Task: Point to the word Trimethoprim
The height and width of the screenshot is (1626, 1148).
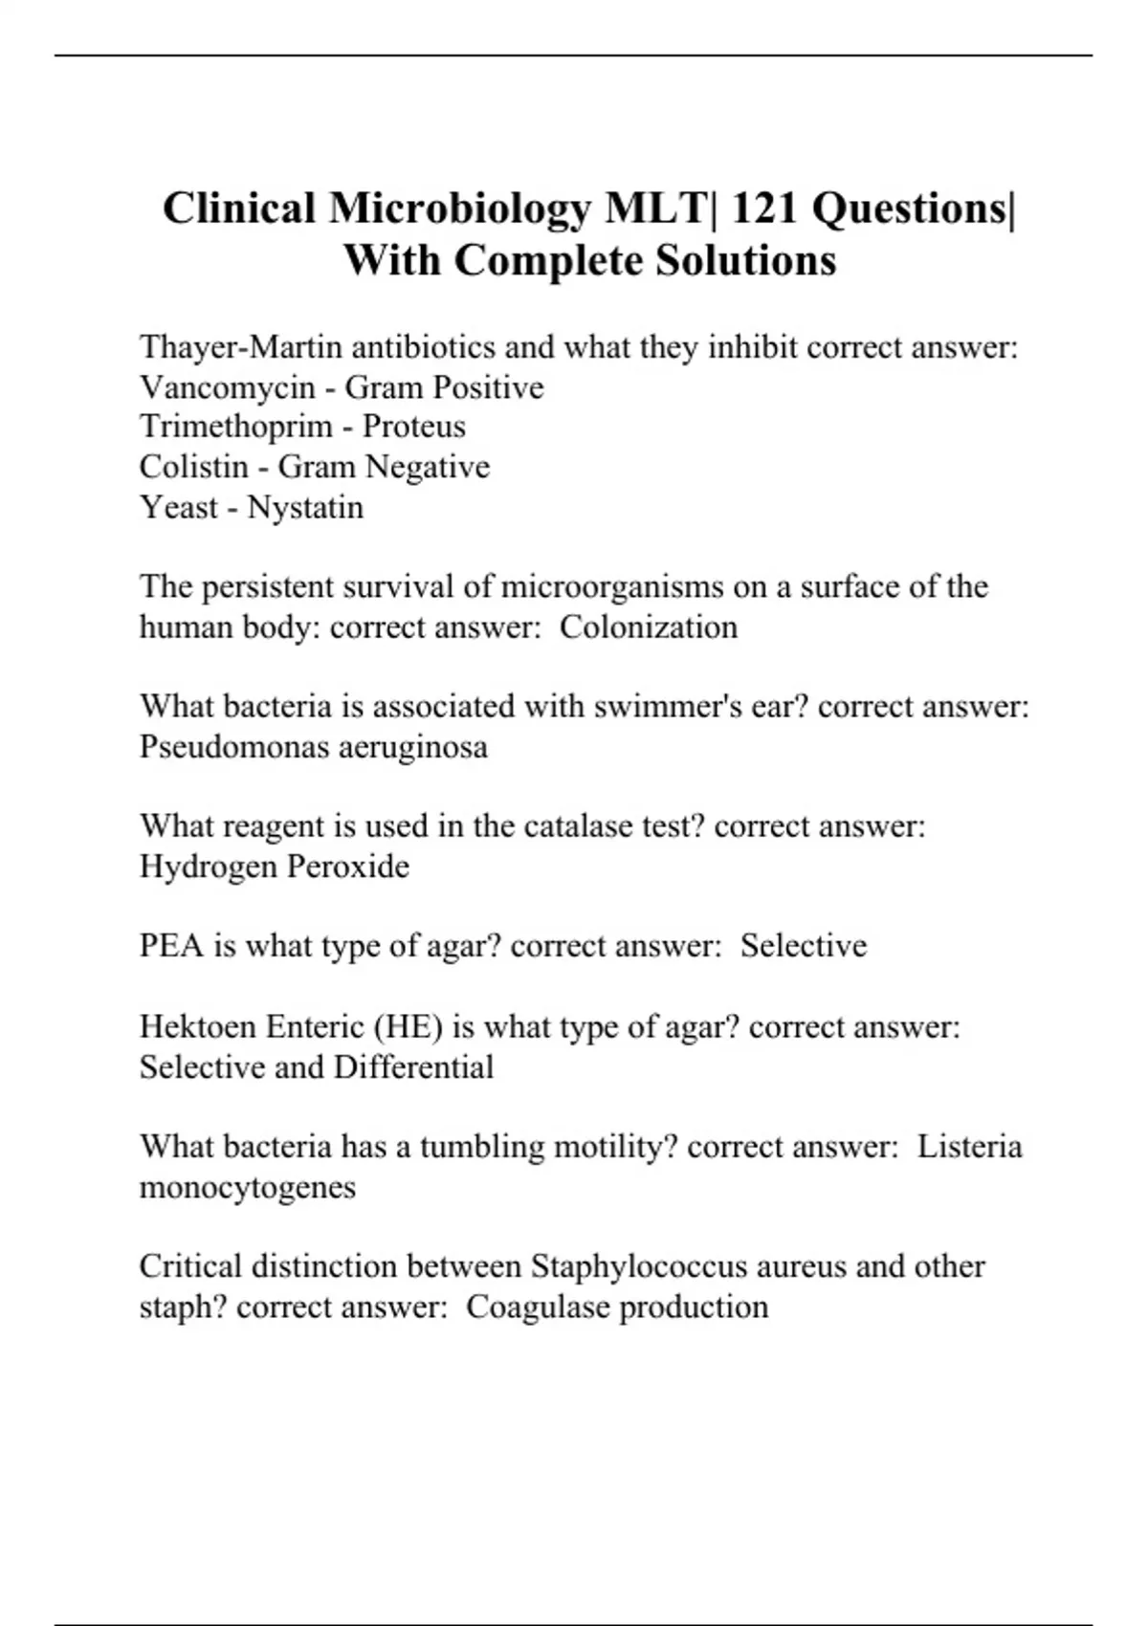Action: coord(235,427)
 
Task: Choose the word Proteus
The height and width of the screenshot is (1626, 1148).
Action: coord(414,427)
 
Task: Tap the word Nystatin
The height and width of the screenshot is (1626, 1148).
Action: coord(305,507)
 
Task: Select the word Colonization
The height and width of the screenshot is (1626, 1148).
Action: coord(649,627)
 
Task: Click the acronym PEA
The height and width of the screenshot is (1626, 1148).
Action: coord(172,946)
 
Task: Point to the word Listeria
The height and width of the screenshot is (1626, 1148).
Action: coord(969,1147)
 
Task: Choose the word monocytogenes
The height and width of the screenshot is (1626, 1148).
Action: coord(248,1188)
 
